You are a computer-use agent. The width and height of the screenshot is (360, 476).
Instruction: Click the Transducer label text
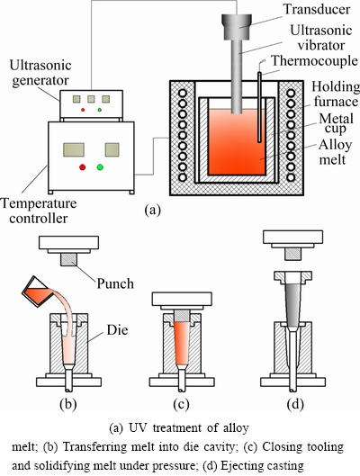[317, 9]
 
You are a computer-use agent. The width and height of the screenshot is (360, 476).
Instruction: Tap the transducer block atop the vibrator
[237, 27]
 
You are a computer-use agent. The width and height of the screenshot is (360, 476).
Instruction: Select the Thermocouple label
[314, 60]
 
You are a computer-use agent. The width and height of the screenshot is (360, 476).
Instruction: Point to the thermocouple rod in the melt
[260, 107]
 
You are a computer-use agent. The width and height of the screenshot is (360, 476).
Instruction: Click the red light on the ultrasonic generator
[83, 110]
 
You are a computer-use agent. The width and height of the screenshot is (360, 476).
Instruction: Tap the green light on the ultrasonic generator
[100, 110]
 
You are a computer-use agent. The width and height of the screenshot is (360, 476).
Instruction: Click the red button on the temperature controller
[82, 167]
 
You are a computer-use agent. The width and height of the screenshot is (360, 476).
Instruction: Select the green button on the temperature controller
[100, 167]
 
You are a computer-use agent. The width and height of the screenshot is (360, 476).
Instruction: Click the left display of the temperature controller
[74, 150]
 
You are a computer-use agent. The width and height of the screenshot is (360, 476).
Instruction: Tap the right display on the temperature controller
[112, 150]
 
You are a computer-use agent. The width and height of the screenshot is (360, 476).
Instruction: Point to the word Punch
[115, 283]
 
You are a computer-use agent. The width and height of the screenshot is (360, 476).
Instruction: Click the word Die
[117, 330]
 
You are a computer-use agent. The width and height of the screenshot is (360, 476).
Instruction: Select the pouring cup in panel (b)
[35, 292]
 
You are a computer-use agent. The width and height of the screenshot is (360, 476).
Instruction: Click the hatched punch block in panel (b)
[69, 260]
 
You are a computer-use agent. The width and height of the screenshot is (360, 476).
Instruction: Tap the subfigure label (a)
[153, 210]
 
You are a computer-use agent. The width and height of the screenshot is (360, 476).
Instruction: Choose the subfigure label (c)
[181, 404]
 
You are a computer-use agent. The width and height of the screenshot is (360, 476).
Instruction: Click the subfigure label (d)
[295, 404]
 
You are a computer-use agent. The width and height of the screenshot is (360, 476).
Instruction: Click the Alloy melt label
[335, 152]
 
